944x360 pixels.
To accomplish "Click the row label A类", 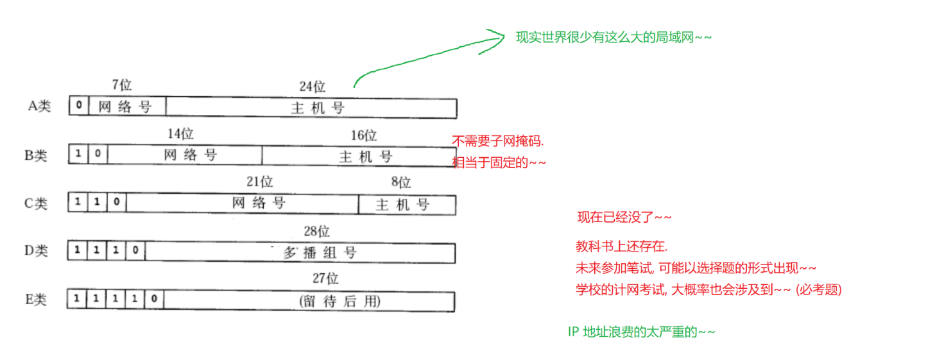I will tap(39, 107).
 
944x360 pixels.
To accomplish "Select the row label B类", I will tap(37, 155).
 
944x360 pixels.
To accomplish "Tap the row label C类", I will tap(36, 203).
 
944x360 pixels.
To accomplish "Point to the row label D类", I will tap(37, 251).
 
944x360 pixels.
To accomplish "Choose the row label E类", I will tap(36, 300).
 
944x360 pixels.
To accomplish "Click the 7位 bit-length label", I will tap(121, 85).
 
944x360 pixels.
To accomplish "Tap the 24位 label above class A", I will tap(312, 87).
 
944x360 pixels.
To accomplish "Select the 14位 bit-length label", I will tap(180, 134).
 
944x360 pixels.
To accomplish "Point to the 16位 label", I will tap(364, 135).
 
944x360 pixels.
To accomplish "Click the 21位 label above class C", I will tap(259, 182).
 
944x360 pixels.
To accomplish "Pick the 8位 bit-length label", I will tap(400, 183).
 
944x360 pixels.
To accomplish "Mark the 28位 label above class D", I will tap(316, 231).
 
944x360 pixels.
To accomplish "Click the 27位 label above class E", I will tap(325, 279).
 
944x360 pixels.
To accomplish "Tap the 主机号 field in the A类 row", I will tap(318, 108).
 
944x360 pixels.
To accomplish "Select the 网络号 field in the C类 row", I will tap(259, 203).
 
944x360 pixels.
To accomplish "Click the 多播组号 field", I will tap(320, 252).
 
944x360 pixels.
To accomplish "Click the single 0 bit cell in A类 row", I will tap(79, 106).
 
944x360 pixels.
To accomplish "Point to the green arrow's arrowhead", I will tap(500, 38).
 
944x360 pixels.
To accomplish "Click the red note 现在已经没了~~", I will tap(624, 218).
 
